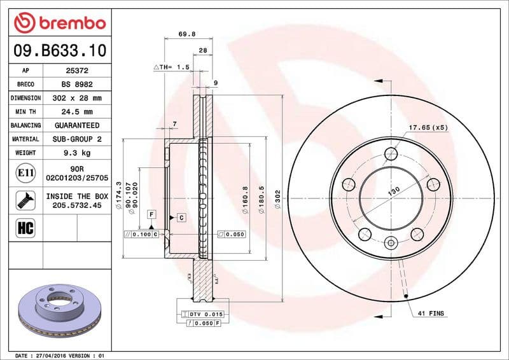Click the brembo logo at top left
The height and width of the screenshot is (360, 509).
pyautogui.click(x=59, y=24)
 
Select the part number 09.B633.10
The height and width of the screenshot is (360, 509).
pyautogui.click(x=59, y=50)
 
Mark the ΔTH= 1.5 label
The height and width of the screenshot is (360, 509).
pyautogui.click(x=172, y=67)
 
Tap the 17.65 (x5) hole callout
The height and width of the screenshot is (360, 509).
pyautogui.click(x=429, y=128)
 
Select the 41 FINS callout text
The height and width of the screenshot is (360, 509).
pyautogui.click(x=431, y=314)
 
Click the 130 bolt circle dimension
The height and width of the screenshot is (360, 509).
pyautogui.click(x=394, y=190)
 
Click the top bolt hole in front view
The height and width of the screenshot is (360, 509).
pyautogui.click(x=390, y=153)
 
